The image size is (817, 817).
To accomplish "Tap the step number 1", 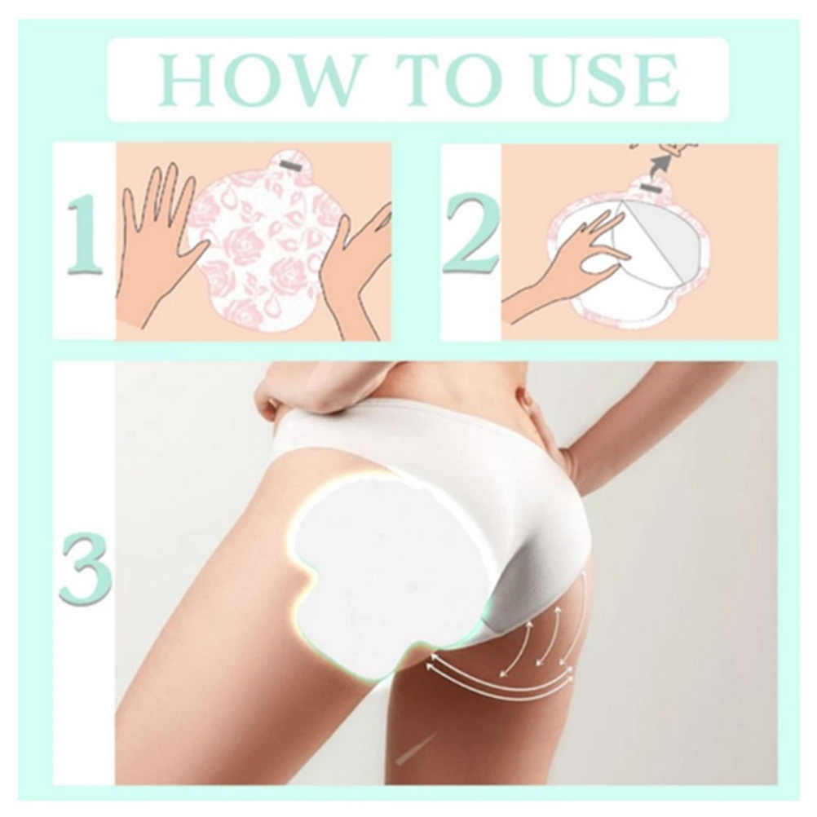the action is [85, 235].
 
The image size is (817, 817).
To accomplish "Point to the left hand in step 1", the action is [157, 245].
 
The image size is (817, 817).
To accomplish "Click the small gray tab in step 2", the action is [649, 187].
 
